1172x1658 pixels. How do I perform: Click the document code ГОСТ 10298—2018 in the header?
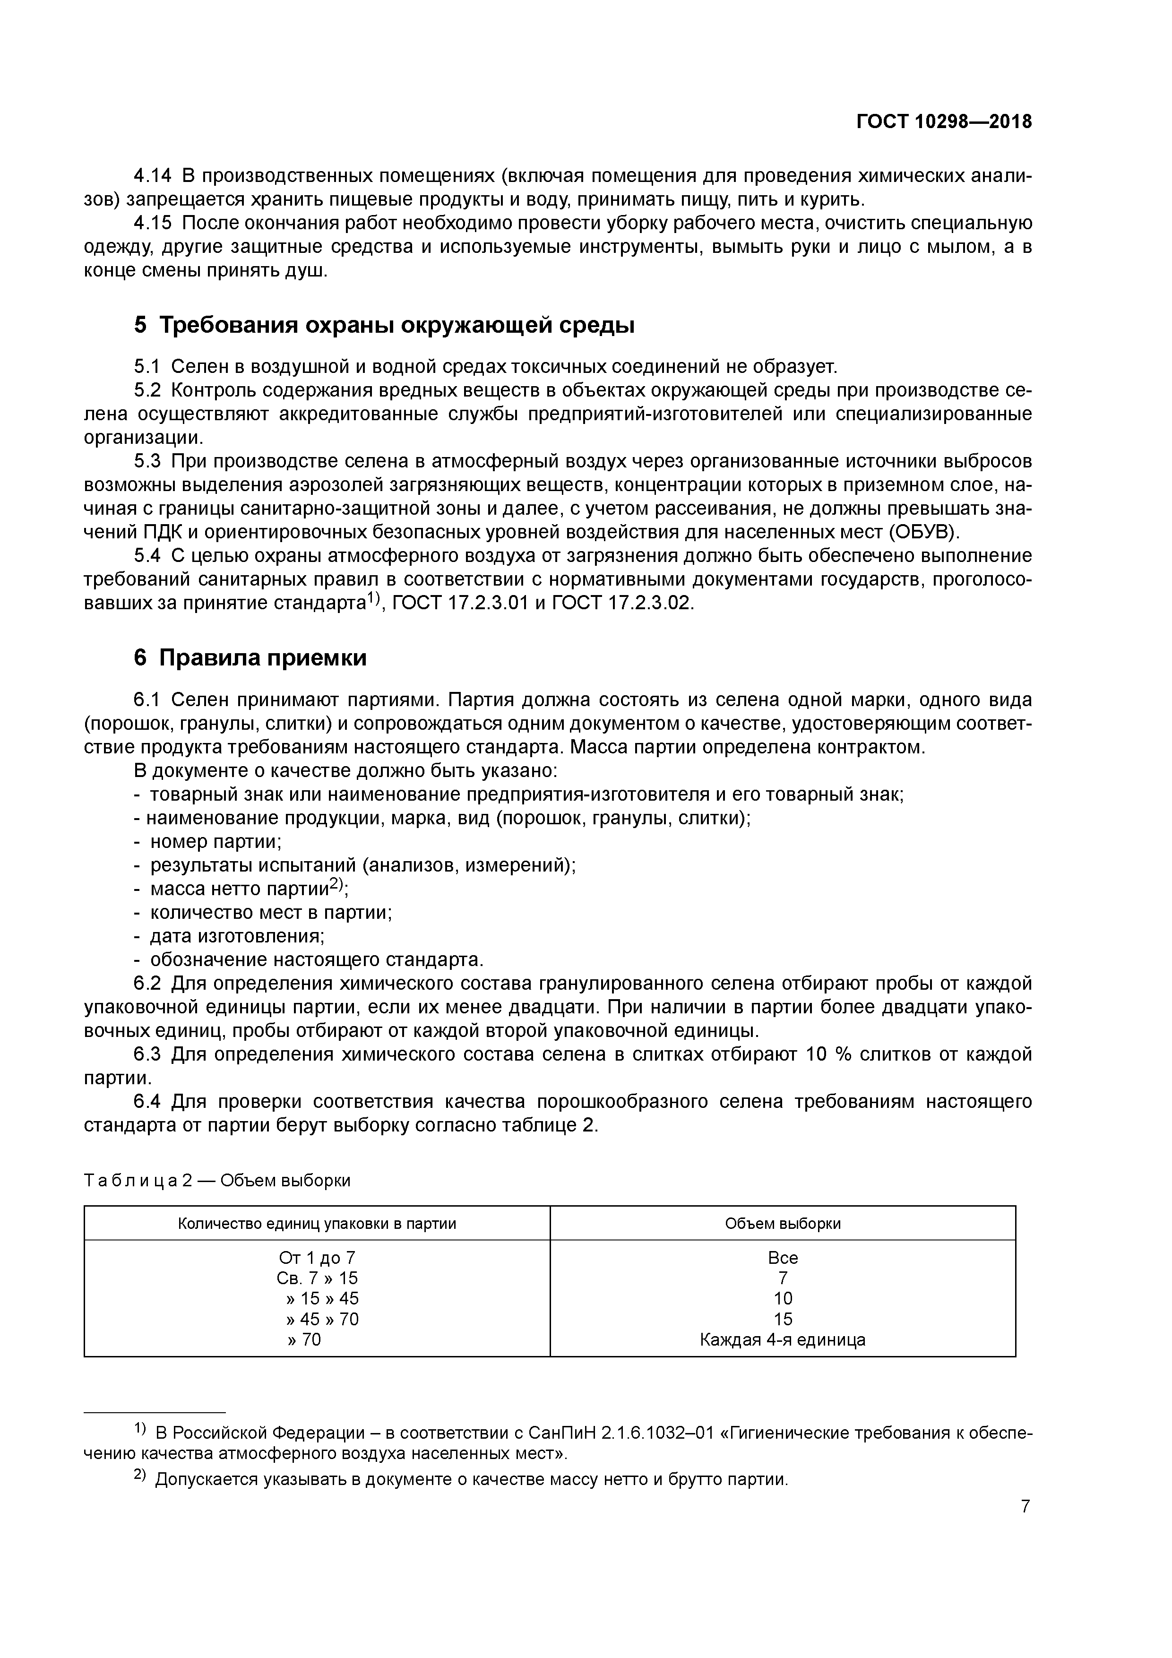pos(944,121)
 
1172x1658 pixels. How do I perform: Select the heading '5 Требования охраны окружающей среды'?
pos(384,326)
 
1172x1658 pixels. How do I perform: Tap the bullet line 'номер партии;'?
pos(215,841)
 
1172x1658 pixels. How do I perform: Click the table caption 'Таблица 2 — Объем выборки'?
pos(217,1180)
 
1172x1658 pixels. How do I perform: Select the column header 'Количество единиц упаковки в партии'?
pos(317,1223)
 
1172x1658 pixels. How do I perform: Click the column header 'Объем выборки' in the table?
pos(782,1223)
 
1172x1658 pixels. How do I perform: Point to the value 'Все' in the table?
pos(782,1258)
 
